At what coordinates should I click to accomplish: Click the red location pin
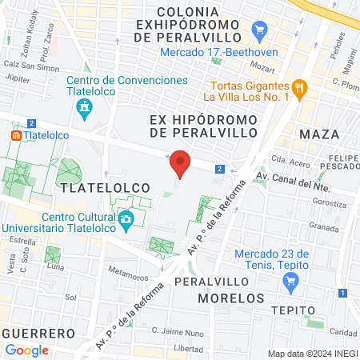(181, 164)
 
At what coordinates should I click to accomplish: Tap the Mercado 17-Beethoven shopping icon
(258, 31)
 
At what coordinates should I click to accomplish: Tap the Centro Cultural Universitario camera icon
(126, 219)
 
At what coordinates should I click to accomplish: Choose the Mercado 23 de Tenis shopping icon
(290, 281)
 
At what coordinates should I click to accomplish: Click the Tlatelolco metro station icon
(15, 137)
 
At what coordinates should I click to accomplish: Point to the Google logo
(27, 350)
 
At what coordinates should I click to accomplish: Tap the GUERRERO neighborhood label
(38, 332)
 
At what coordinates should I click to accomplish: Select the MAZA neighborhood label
(319, 134)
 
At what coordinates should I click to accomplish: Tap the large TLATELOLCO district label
(104, 186)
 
